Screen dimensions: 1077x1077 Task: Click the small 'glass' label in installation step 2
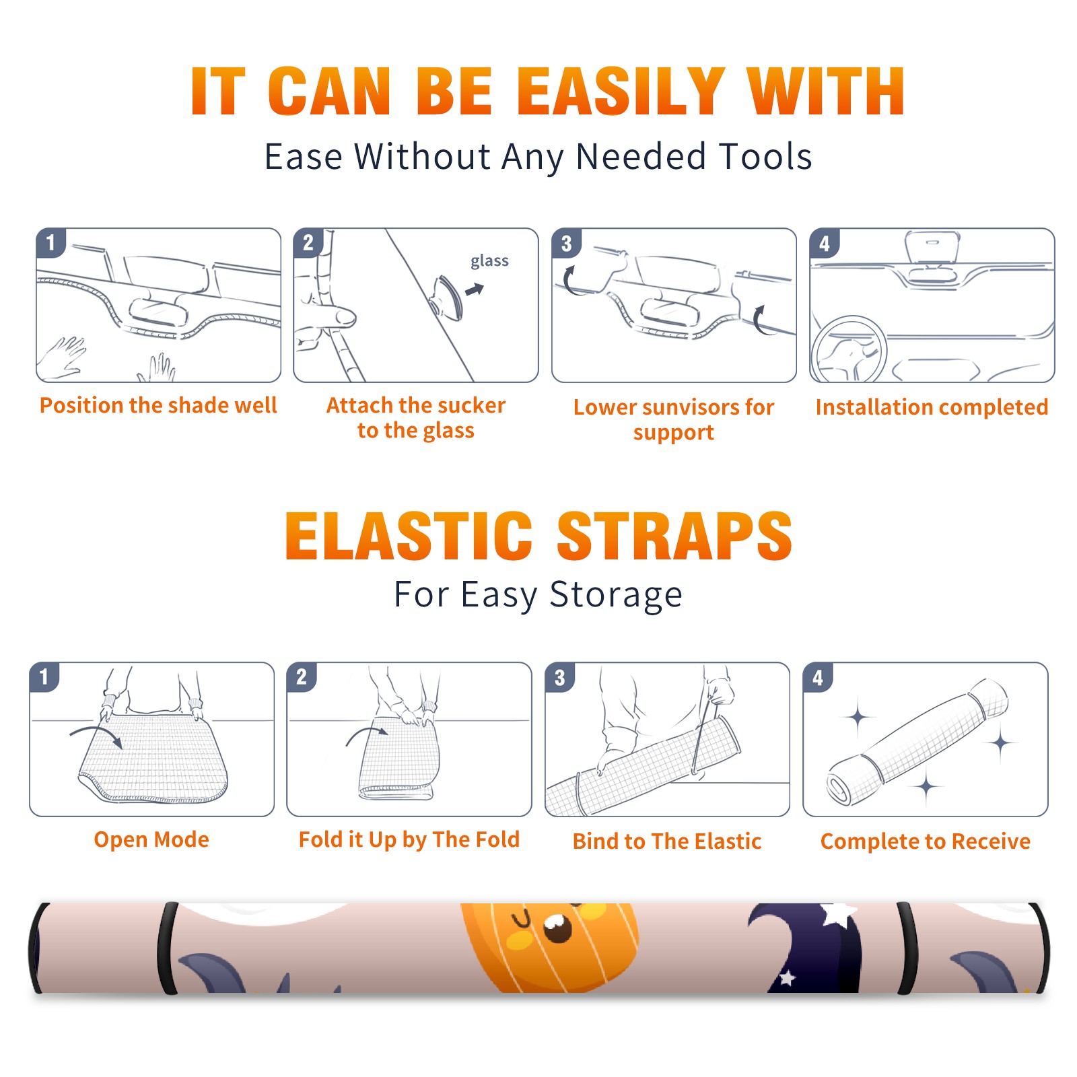click(x=489, y=260)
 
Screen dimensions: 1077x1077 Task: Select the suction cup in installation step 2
click(x=447, y=297)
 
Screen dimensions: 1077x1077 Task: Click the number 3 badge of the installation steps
click(x=566, y=243)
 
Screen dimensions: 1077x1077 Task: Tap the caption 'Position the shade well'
click(x=158, y=405)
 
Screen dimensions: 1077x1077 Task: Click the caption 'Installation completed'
click(x=932, y=407)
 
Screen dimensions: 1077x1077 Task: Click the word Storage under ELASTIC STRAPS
click(x=616, y=595)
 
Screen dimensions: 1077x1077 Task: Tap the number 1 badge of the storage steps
click(x=44, y=676)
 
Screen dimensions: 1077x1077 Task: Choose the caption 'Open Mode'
click(x=151, y=839)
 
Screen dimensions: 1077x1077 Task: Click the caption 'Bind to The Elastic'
click(x=667, y=841)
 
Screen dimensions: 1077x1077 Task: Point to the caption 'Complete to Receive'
click(x=926, y=841)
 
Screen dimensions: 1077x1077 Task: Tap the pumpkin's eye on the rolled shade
click(x=557, y=928)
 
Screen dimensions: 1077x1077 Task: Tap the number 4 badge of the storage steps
click(x=818, y=677)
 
